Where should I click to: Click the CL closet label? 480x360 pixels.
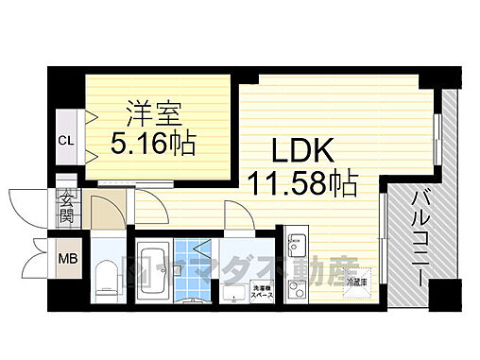click(x=65, y=141)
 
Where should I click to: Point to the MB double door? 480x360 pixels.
click(x=38, y=257)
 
